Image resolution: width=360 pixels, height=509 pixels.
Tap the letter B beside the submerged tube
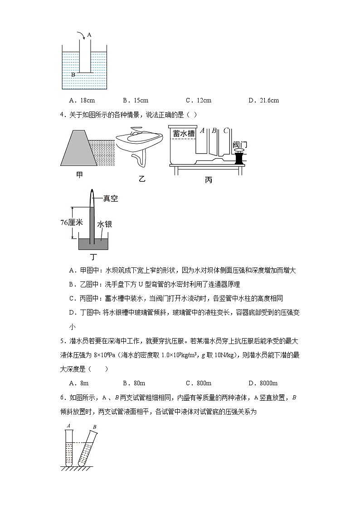[x=73, y=74]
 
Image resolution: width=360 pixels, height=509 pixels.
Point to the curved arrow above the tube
[x=80, y=36]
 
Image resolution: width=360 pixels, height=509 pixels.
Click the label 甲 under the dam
[x=79, y=175]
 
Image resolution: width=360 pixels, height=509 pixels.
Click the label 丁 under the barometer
[x=93, y=257]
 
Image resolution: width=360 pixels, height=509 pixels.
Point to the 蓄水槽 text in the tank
[x=183, y=133]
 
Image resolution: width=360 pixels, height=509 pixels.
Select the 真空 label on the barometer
[x=110, y=199]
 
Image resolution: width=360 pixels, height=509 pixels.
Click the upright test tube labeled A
[x=68, y=447]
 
